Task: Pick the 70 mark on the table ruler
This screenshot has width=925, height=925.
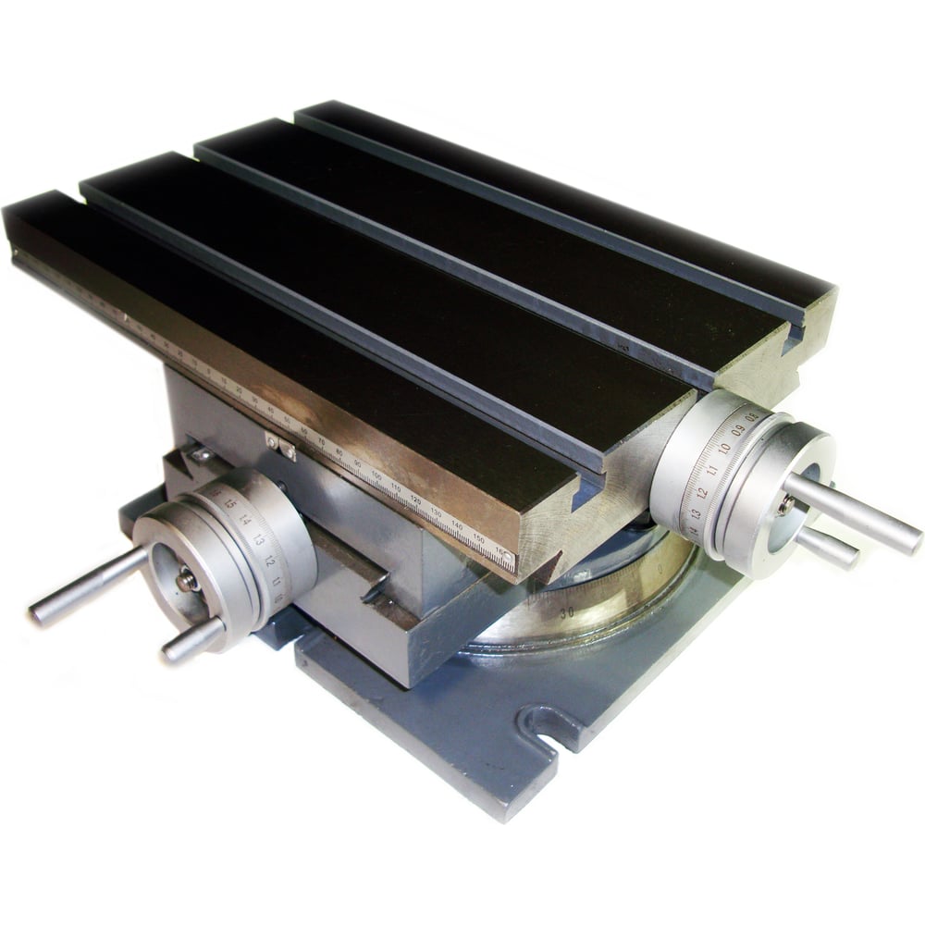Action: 320,444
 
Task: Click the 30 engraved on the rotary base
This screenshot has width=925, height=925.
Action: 566,611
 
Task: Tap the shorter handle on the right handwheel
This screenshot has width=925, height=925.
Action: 826,547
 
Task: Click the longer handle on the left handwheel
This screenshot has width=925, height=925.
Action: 88,586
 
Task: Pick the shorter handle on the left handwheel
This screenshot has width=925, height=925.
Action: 192,640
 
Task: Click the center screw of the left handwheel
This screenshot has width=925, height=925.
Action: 187,580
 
